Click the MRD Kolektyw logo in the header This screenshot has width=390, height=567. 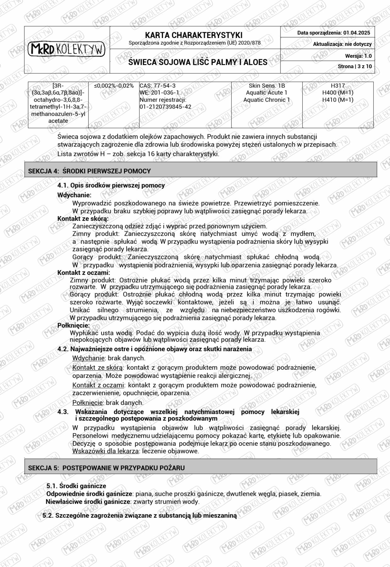(67, 49)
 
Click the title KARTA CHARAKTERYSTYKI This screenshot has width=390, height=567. (194, 35)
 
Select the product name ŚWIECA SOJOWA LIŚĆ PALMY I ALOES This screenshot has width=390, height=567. (198, 62)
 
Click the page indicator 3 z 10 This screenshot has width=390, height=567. (365, 67)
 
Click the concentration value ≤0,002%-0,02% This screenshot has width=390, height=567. (114, 85)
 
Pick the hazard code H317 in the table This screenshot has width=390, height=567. (338, 85)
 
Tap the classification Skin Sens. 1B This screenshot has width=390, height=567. (266, 85)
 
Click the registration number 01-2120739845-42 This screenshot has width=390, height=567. (165, 107)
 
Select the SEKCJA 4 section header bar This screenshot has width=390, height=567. (201, 171)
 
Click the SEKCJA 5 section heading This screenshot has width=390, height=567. (106, 468)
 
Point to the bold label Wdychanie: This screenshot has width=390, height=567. (74, 195)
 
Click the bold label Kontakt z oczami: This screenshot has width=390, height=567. (84, 273)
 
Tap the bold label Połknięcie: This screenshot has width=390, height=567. (73, 325)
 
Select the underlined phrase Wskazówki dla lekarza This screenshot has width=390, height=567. (106, 451)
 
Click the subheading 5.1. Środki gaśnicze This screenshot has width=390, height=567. (76, 486)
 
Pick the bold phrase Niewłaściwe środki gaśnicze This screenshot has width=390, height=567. (88, 501)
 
